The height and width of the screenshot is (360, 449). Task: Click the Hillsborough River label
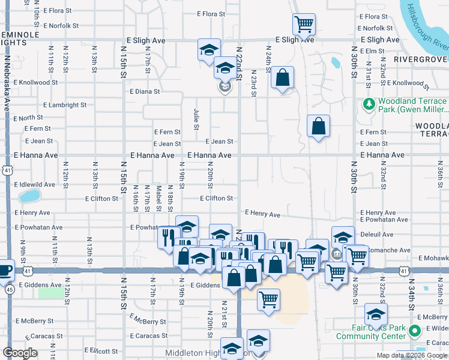coord(427,27)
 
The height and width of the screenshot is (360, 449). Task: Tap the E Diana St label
coord(145,92)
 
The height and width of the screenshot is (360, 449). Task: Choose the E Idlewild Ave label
coord(35,184)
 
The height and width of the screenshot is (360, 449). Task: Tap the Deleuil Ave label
coord(377,235)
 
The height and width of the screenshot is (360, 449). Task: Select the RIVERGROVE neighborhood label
coord(421,59)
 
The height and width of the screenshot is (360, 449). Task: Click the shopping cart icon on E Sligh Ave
coord(304,24)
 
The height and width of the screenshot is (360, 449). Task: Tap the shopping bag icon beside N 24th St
coord(282,77)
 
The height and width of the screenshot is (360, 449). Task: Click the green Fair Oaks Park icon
coord(414,331)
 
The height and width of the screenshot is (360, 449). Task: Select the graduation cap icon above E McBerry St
coord(376,314)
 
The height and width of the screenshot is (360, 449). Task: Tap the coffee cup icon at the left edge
coord(5,269)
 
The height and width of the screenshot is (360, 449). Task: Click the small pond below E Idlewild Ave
coord(29,196)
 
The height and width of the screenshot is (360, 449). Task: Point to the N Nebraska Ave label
coord(8,83)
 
